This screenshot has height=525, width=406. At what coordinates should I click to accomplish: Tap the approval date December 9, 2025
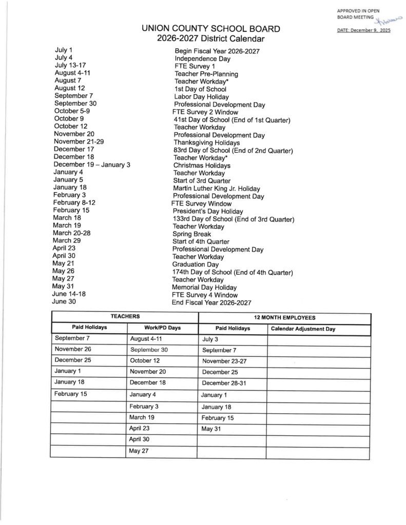(364, 30)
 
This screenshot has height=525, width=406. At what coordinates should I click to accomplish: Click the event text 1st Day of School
(200, 89)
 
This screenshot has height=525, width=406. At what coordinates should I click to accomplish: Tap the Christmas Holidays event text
(202, 166)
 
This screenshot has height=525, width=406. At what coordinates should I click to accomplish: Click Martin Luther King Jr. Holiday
(216, 189)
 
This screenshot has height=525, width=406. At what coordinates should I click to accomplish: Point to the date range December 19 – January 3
(92, 165)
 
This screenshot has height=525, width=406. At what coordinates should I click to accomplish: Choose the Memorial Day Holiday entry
(204, 288)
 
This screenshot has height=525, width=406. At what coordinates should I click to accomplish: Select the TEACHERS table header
(125, 317)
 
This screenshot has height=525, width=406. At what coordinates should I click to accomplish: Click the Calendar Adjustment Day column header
(303, 329)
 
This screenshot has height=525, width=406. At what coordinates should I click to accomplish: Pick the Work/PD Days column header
(162, 328)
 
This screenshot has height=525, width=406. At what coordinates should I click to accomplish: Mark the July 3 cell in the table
(210, 339)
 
